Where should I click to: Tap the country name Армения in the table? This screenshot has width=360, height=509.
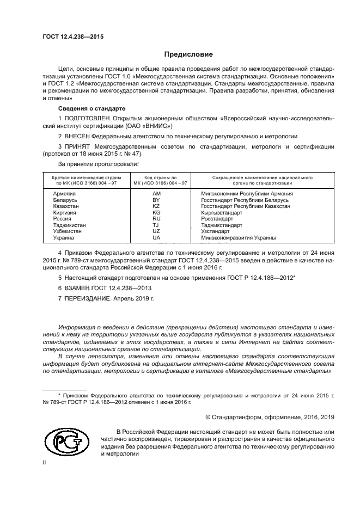64,193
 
